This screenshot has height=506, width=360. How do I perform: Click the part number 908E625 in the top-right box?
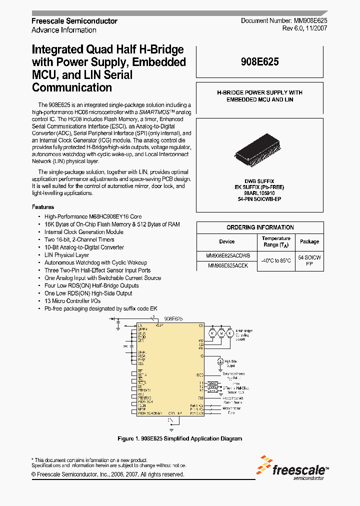click(259, 62)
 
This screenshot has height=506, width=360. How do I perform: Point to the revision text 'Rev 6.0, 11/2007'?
click(304, 29)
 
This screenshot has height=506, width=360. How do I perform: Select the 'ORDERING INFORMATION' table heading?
click(259, 227)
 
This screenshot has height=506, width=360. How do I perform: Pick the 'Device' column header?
click(226, 241)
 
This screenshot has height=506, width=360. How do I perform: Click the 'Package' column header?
click(309, 241)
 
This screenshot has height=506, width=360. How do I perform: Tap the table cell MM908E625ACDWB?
click(227, 255)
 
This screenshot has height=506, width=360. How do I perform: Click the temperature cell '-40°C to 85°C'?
click(275, 260)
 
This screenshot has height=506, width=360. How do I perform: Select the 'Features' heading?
click(43, 207)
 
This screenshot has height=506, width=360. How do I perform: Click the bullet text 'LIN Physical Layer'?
click(66, 255)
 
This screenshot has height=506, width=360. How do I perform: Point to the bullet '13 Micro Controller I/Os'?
click(72, 301)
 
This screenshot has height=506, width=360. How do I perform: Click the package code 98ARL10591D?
click(259, 193)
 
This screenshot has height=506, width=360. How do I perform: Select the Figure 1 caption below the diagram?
click(179, 438)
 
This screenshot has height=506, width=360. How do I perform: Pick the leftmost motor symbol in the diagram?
click(212, 333)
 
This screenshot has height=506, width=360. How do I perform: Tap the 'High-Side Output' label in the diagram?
click(231, 362)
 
